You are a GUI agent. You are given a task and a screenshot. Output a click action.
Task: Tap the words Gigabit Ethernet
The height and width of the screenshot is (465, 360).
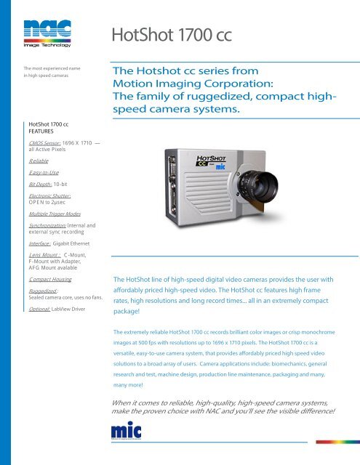[71, 246]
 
